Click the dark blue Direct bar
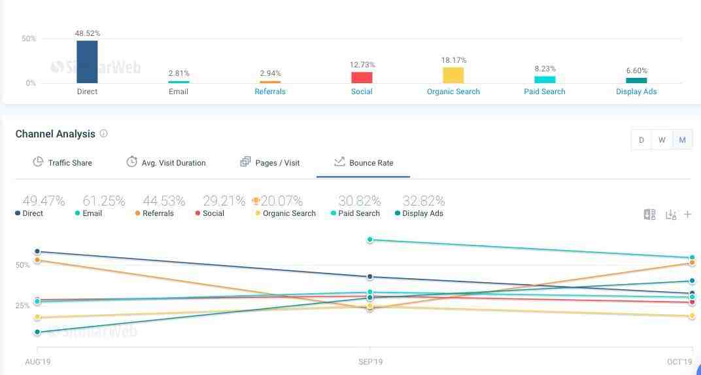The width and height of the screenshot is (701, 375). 87,62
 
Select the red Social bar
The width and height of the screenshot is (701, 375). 362,77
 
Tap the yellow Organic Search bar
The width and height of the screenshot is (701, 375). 453,75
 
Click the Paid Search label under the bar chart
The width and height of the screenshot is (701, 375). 545,92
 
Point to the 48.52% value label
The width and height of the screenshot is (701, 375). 88,33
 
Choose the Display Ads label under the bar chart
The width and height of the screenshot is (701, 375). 636,92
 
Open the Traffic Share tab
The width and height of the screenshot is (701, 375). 63,162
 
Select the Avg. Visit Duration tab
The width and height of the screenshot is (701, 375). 166,162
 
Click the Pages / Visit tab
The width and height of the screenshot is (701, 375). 270,162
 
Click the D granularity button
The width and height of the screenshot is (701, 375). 641,140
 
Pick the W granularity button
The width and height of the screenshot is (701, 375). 662,140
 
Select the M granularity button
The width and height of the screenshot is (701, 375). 682,140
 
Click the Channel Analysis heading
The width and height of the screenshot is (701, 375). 55,134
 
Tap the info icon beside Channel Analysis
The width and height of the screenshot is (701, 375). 103,134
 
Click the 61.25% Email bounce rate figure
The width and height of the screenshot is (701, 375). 103,201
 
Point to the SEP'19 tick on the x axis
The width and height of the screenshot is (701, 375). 370,362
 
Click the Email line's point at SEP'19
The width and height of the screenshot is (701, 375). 370,240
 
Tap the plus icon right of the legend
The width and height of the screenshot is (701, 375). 687,214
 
